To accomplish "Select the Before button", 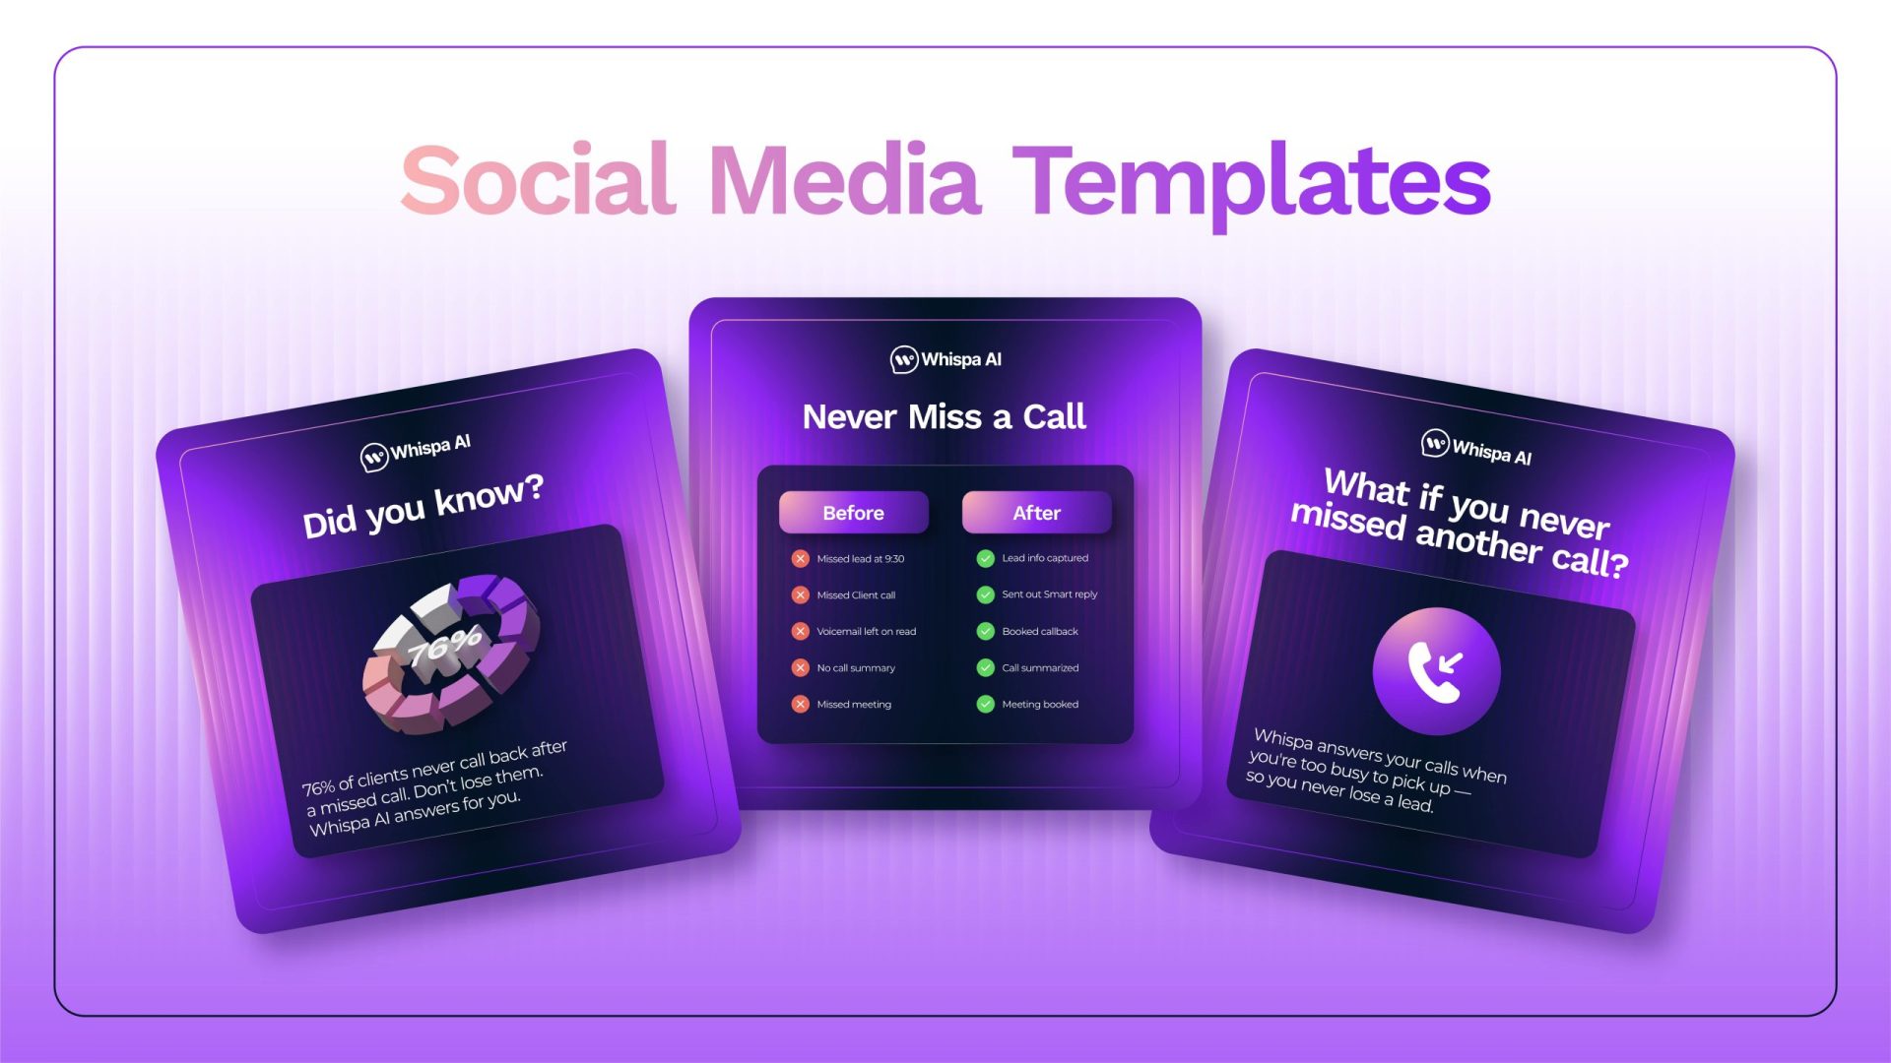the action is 853,513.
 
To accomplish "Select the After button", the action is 1036,513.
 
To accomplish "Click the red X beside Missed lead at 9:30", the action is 801,559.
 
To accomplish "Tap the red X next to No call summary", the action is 801,668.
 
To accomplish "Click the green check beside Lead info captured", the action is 985,558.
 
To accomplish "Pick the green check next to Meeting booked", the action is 985,704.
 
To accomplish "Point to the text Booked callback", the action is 1040,632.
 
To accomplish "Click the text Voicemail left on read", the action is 866,632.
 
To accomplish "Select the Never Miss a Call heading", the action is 945,417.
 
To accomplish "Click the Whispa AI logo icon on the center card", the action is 904,360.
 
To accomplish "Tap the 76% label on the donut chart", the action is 445,646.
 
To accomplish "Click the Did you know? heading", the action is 424,507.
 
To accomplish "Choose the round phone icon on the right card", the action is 1436,671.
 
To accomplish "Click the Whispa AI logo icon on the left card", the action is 374,458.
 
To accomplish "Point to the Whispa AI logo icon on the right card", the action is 1435,444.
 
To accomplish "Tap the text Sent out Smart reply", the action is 1049,594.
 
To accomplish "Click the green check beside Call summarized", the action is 985,668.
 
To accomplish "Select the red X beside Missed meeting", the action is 801,705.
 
